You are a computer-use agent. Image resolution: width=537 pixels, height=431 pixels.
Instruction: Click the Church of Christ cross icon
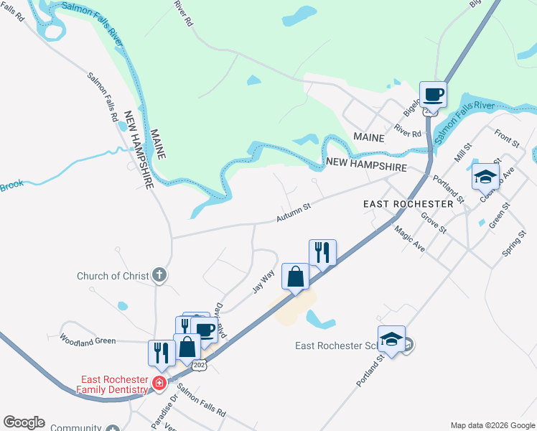(159, 275)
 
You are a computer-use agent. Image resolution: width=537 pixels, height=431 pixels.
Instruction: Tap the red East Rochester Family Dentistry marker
(159, 383)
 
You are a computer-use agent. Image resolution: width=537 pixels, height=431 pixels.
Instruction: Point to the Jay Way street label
(263, 281)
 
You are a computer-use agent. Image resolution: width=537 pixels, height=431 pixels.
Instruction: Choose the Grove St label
(434, 222)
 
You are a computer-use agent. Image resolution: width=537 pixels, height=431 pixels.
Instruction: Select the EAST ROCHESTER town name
(408, 204)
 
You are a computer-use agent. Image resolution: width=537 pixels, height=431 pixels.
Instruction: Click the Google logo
(24, 422)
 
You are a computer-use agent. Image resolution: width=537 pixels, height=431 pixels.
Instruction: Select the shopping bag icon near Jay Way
(296, 276)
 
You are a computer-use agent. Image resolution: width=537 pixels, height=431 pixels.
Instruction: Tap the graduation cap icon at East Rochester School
(392, 340)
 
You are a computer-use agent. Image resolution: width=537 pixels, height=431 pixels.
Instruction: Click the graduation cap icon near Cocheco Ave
(485, 175)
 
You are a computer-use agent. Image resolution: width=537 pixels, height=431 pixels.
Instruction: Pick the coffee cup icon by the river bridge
(434, 94)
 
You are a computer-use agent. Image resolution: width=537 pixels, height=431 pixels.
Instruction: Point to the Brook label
(11, 184)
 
